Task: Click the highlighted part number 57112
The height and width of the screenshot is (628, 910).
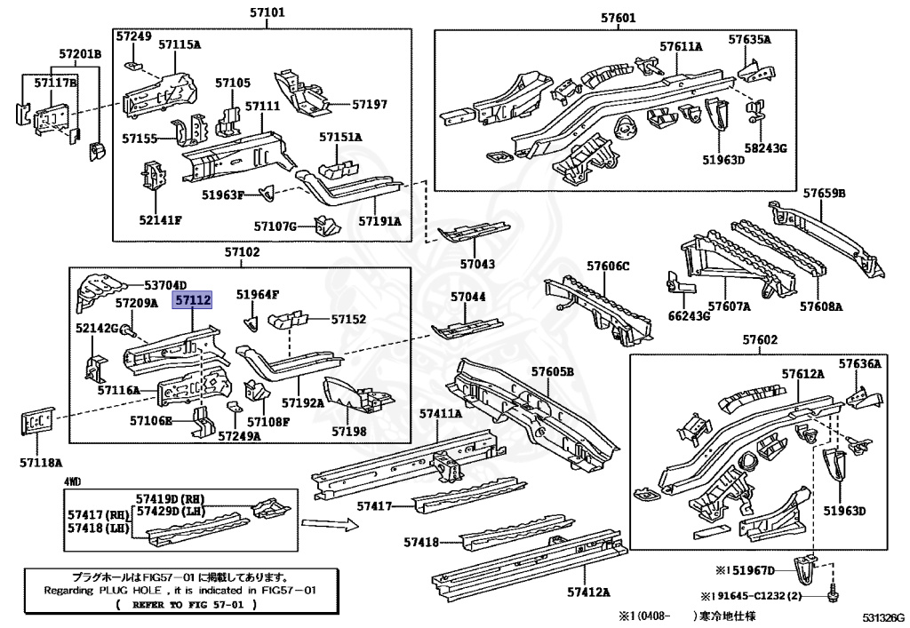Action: point(193,301)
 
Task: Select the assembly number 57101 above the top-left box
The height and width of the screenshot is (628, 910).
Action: point(267,14)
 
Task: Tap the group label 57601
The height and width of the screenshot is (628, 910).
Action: point(619,17)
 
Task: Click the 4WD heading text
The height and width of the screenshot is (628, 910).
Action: point(72,481)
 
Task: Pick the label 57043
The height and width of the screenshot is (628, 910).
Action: point(477,264)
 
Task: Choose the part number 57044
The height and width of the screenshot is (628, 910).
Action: point(467,297)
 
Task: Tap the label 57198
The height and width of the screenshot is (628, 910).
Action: point(348,431)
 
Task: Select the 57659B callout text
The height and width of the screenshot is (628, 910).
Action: point(824,193)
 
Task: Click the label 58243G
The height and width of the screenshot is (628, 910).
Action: point(765,147)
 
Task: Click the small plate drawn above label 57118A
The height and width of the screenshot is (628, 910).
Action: point(34,424)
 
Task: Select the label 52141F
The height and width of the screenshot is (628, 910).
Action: point(160,220)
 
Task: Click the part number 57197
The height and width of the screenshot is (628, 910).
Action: point(369,104)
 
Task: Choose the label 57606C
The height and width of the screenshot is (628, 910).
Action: point(608,266)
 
